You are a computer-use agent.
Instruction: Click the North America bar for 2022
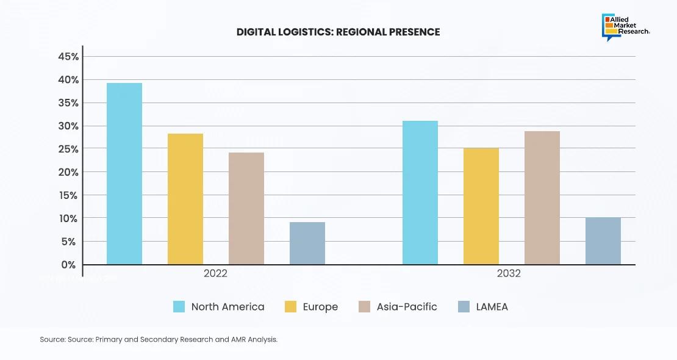[x=124, y=174]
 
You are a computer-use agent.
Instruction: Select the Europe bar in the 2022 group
[x=185, y=199]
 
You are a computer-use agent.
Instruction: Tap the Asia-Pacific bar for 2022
[x=246, y=209]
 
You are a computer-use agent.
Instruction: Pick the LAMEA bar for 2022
[x=307, y=243]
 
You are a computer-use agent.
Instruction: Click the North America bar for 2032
[x=420, y=193]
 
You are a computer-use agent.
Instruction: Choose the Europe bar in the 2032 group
[x=481, y=206]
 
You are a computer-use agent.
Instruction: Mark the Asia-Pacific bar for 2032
[x=542, y=198]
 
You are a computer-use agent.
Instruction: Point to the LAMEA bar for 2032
[x=603, y=241]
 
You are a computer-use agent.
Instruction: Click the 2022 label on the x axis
[x=215, y=274]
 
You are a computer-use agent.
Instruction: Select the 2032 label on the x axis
[x=509, y=274]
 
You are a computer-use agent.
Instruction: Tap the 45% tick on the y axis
[x=68, y=57]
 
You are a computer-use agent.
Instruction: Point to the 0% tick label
[x=68, y=265]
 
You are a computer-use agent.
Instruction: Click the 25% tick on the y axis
[x=68, y=149]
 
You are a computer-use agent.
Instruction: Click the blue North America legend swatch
[x=179, y=307]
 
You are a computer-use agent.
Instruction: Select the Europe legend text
[x=320, y=307]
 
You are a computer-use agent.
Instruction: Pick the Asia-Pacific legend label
[x=407, y=307]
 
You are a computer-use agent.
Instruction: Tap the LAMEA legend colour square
[x=464, y=307]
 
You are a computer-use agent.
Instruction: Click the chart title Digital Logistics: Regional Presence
[x=338, y=32]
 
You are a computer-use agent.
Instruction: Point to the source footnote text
[x=159, y=339]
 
